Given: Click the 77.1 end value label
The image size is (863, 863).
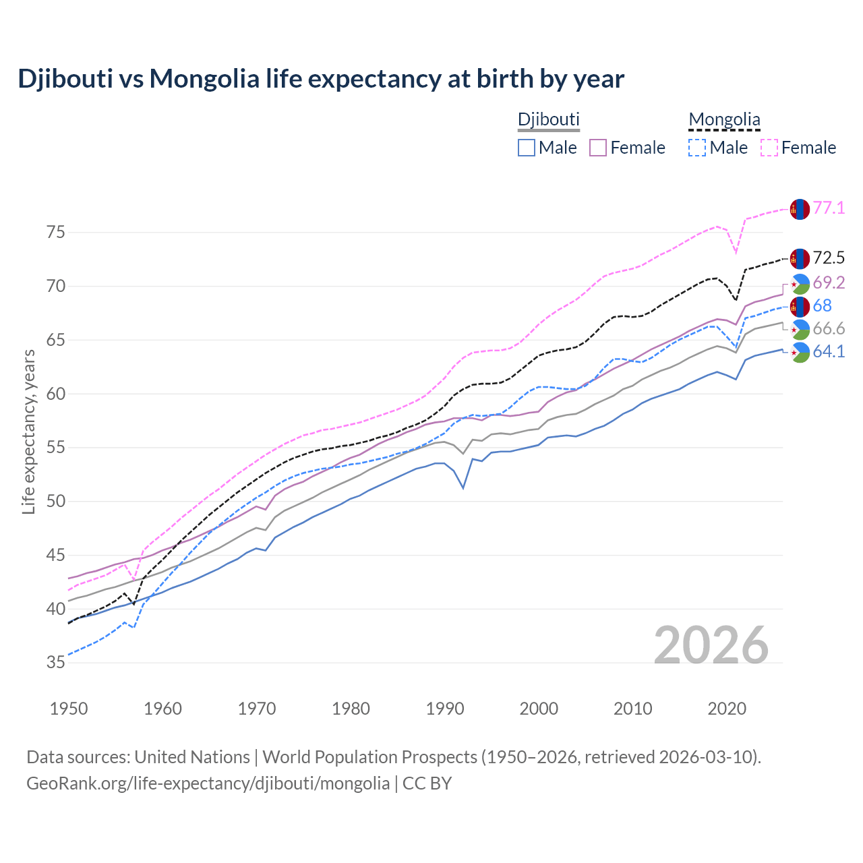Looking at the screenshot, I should click(x=829, y=208).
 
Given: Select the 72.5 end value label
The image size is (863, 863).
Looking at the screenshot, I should click(x=829, y=258).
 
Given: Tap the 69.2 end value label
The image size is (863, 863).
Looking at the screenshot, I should click(x=829, y=282).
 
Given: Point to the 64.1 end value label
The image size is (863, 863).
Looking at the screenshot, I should click(x=829, y=351).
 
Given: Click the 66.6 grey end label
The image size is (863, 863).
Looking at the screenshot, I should click(x=829, y=328).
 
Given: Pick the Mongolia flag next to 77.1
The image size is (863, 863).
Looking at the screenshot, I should click(x=800, y=209).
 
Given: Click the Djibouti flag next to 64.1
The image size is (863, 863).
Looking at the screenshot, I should click(x=800, y=352).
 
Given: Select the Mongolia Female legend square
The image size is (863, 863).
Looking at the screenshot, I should click(x=769, y=148).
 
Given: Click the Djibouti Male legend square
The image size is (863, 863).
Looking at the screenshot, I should click(x=527, y=148).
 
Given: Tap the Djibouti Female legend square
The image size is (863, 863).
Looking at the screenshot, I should click(x=599, y=148).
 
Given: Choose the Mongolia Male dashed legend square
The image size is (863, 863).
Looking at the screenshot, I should click(x=697, y=148).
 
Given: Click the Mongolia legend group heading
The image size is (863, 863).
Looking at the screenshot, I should click(x=724, y=120).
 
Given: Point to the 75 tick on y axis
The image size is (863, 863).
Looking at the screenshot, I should click(x=56, y=233).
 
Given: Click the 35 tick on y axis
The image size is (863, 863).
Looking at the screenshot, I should click(x=56, y=663).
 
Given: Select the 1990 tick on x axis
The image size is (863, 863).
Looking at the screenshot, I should click(x=445, y=709).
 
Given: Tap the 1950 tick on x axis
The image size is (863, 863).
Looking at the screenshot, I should click(x=69, y=709).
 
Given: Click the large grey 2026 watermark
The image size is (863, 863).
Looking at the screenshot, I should click(x=711, y=645).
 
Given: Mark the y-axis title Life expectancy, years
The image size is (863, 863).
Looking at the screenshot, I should click(x=28, y=431).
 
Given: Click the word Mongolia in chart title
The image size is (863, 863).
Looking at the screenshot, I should click(x=204, y=79).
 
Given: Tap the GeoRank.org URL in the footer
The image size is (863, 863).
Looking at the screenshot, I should click(x=208, y=783).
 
